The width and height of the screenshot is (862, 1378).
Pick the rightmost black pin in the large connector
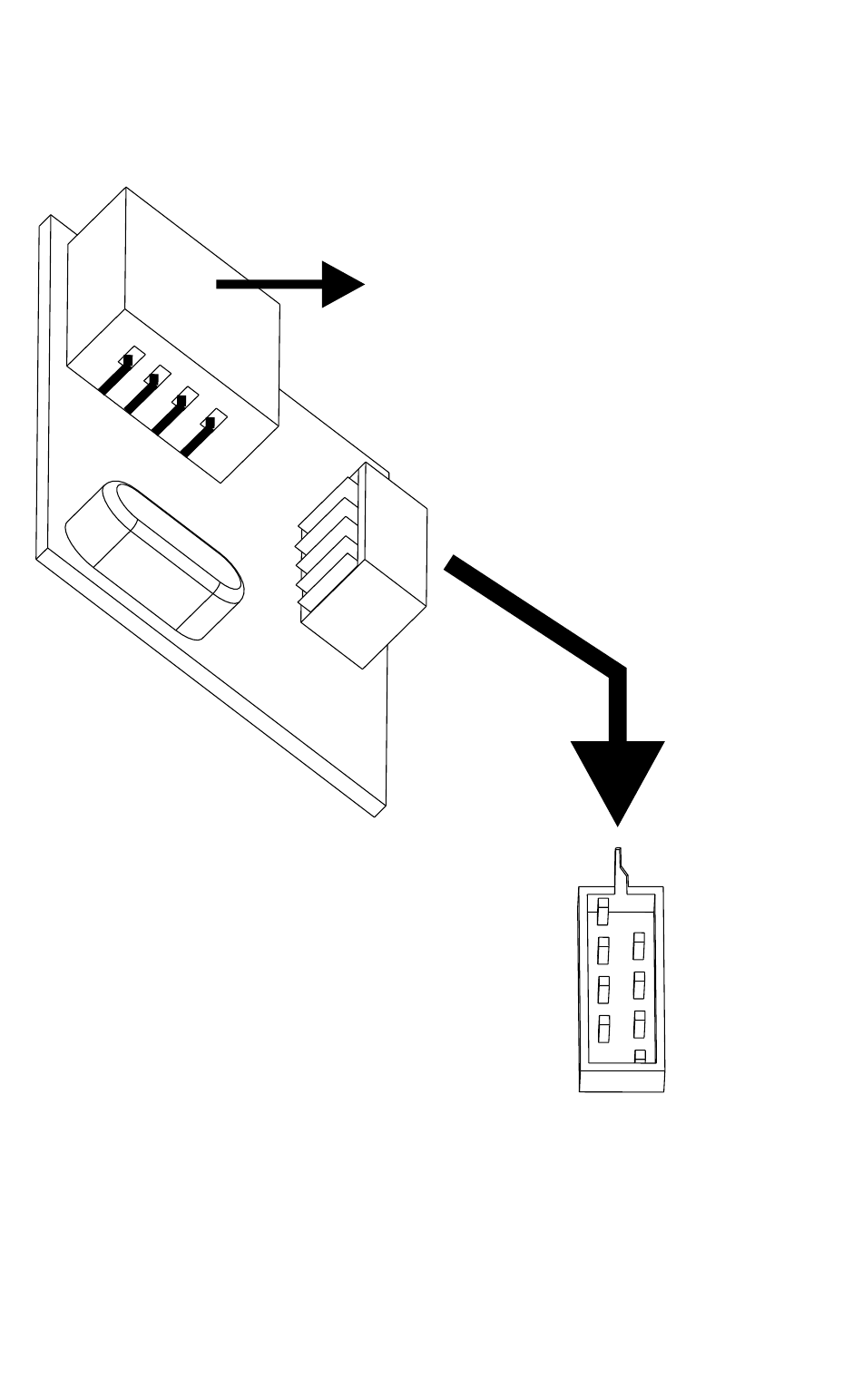(200, 435)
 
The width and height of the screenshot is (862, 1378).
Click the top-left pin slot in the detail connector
(603, 910)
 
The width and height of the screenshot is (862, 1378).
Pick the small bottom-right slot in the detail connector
(640, 1056)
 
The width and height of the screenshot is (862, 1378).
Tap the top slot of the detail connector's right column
(640, 944)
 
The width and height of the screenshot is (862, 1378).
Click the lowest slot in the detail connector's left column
(603, 1028)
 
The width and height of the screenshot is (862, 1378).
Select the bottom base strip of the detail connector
(622, 1080)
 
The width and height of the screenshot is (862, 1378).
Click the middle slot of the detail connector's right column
(640, 982)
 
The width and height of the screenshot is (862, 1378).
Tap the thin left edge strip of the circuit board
(43, 390)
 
